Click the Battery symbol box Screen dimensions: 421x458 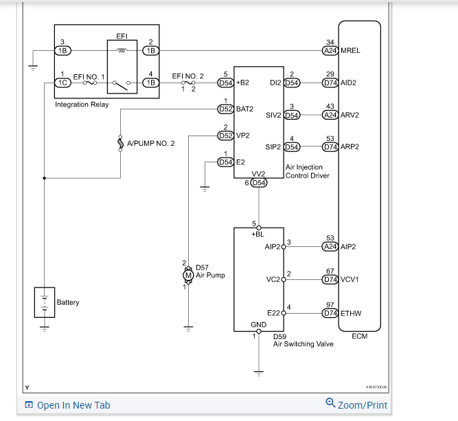pyautogui.click(x=44, y=303)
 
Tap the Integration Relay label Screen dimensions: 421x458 pyautogui.click(x=82, y=105)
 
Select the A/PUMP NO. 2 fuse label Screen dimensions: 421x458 pyautogui.click(x=151, y=143)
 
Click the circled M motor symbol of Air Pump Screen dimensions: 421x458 pyautogui.click(x=187, y=275)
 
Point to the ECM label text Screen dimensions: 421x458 pyautogui.click(x=359, y=336)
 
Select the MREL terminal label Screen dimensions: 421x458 pyautogui.click(x=350, y=50)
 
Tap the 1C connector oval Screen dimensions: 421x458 pyautogui.click(x=62, y=83)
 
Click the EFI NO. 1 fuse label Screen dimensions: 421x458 pyautogui.click(x=88, y=76)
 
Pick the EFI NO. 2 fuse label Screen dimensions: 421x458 pyautogui.click(x=187, y=76)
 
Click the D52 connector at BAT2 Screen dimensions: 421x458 pyautogui.click(x=225, y=109)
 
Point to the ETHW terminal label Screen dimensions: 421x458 pyautogui.click(x=351, y=313)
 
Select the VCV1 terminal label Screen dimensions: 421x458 pyautogui.click(x=350, y=279)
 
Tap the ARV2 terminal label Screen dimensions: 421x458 pyautogui.click(x=350, y=115)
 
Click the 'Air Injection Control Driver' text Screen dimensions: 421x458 pyautogui.click(x=307, y=171)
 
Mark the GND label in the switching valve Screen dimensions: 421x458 pyautogui.click(x=258, y=325)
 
